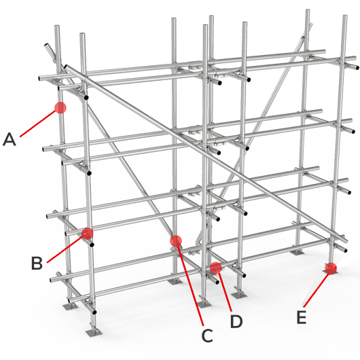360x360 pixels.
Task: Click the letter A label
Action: pyautogui.click(x=10, y=139)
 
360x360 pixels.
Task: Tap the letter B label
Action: pyautogui.click(x=37, y=263)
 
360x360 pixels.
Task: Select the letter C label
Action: pyautogui.click(x=207, y=336)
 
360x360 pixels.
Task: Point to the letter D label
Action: pyautogui.click(x=236, y=321)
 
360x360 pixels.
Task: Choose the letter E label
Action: pyautogui.click(x=302, y=317)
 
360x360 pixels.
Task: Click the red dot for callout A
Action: pyautogui.click(x=60, y=108)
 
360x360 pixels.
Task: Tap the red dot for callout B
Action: pyautogui.click(x=87, y=234)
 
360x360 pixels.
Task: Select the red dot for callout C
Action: pyautogui.click(x=176, y=241)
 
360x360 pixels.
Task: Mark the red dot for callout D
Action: pyautogui.click(x=215, y=268)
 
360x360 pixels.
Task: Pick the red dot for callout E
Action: pyautogui.click(x=331, y=268)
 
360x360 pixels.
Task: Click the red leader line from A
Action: pyautogui.click(x=38, y=124)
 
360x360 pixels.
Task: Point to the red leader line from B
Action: pyautogui.click(x=65, y=249)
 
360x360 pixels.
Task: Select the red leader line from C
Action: pyautogui.click(x=191, y=286)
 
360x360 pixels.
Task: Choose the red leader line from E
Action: pyautogui.click(x=316, y=291)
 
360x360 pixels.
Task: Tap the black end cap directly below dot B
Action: pyautogui.click(x=92, y=245)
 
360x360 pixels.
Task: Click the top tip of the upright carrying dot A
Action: pyautogui.click(x=57, y=26)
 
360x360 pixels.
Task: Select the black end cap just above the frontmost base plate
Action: pyautogui.click(x=94, y=312)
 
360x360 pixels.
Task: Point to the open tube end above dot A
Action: pyautogui.click(x=46, y=45)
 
